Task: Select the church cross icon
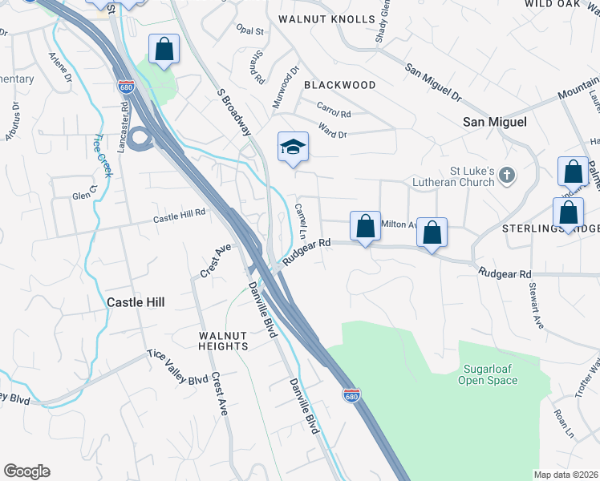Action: click(x=507, y=174)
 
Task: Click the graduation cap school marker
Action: click(x=294, y=147)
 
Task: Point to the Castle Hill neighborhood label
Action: click(x=136, y=302)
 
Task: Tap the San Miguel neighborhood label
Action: click(x=495, y=122)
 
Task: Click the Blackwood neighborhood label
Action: click(x=340, y=84)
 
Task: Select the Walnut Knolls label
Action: click(x=326, y=19)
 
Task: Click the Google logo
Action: click(x=26, y=471)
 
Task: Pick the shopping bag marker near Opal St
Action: click(x=164, y=49)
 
